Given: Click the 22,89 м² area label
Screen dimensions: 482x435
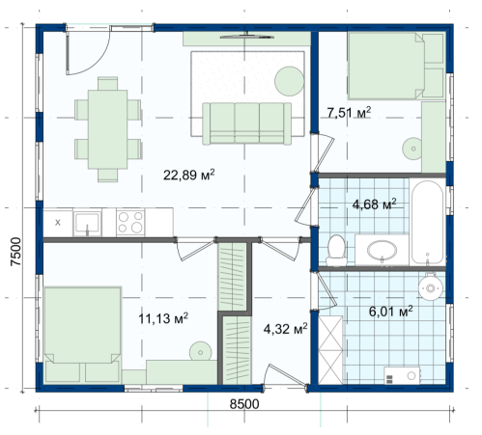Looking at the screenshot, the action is coord(188,175).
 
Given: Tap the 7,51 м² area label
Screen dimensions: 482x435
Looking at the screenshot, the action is coord(349,113).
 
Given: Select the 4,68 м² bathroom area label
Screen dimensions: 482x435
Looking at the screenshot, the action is coord(374,204).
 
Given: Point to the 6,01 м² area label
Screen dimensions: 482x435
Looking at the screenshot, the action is coord(390,312).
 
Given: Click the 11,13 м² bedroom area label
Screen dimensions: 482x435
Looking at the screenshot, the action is coord(163,318).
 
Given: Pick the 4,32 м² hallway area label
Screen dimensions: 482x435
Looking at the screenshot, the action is coord(285,329).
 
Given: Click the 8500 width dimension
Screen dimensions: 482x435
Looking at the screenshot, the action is coord(244,404).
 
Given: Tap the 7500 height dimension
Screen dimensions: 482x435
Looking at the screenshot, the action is coord(15,252).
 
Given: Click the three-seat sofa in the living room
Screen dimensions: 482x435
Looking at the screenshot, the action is coord(247,123).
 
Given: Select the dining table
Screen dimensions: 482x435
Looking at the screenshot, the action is coord(107,129).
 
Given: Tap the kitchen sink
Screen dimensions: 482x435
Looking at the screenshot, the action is coord(87,223).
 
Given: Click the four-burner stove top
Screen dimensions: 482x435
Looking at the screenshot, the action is coord(130,222).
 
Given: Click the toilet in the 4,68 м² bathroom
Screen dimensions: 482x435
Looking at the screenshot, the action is coord(336,251).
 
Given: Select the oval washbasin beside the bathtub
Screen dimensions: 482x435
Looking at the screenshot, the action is coord(382,250).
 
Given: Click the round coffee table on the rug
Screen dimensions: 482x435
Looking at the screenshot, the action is coord(289,81).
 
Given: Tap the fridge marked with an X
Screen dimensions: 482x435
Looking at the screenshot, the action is coord(58,223).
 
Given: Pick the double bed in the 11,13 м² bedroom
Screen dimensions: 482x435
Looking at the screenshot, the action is coord(83,335).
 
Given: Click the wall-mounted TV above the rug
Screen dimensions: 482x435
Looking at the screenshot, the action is coord(247,37).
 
